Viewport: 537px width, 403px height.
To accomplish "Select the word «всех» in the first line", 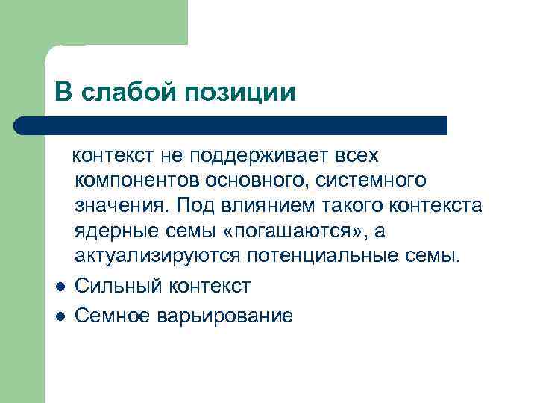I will [357, 156].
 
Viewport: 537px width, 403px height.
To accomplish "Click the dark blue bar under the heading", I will [231, 125].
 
